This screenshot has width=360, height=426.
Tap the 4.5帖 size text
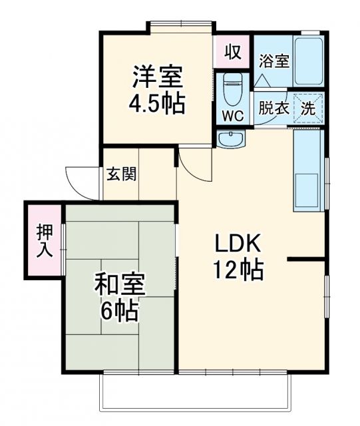(157, 104)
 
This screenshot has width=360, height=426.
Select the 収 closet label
(232, 51)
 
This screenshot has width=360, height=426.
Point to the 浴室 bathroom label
(274, 61)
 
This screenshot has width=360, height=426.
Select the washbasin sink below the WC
(232, 139)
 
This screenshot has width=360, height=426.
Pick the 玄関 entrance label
(122, 174)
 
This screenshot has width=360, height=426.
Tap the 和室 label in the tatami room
(120, 285)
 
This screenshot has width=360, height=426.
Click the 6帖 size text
(120, 310)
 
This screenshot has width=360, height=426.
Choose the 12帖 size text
(238, 270)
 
